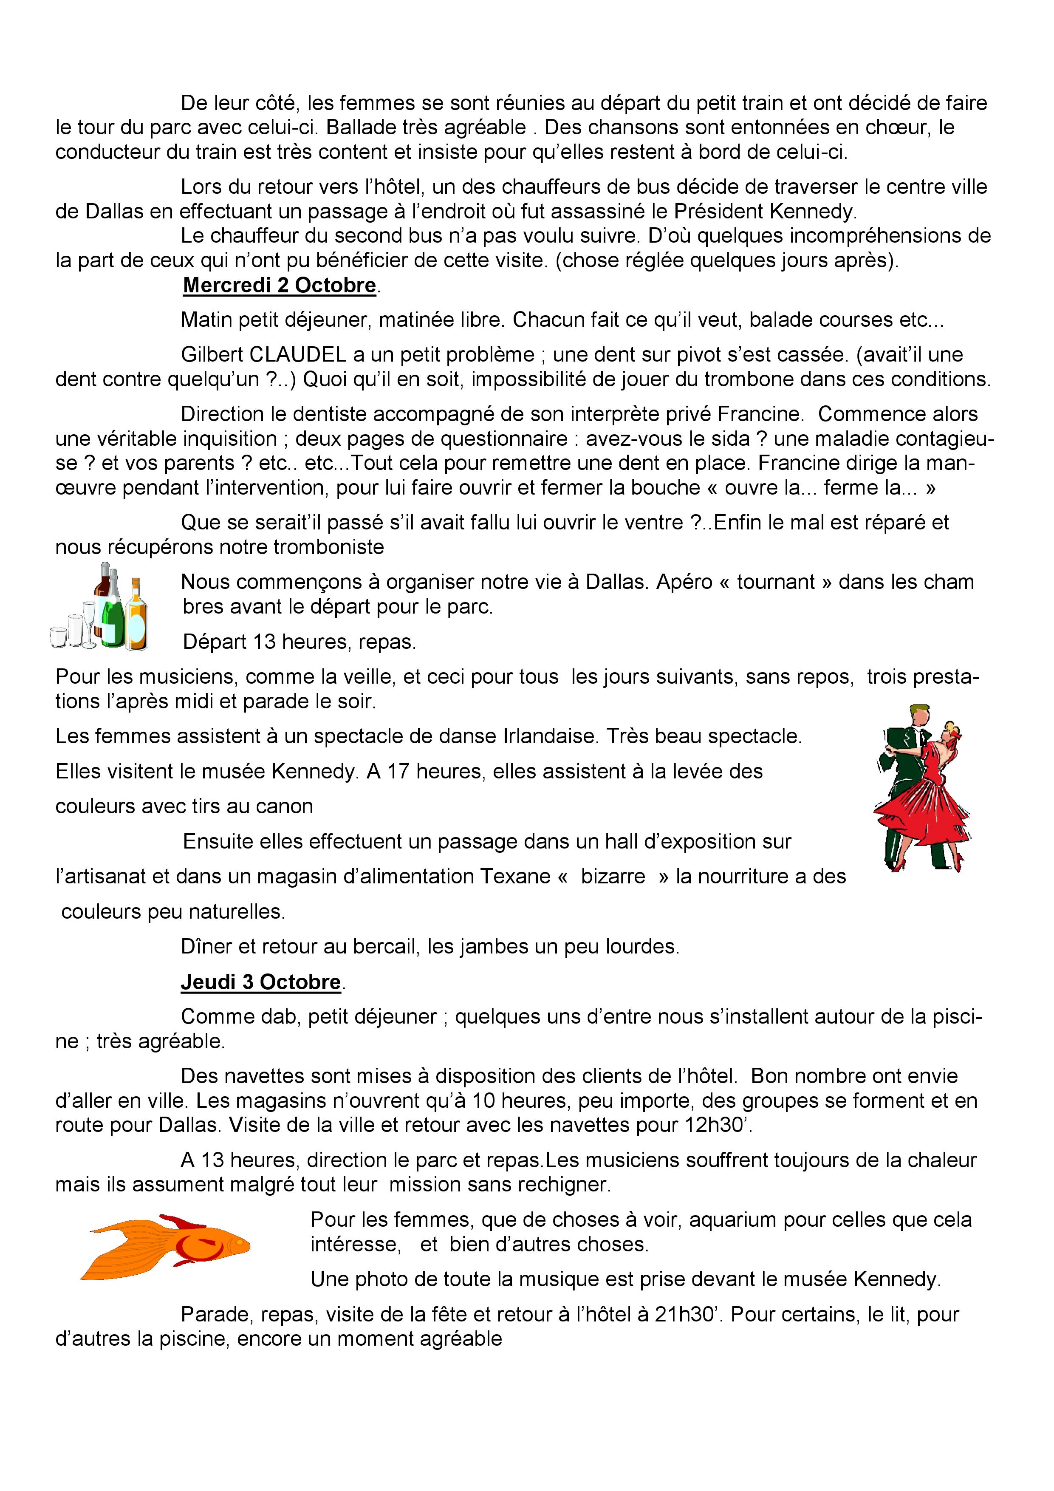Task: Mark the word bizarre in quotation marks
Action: (x=613, y=877)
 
